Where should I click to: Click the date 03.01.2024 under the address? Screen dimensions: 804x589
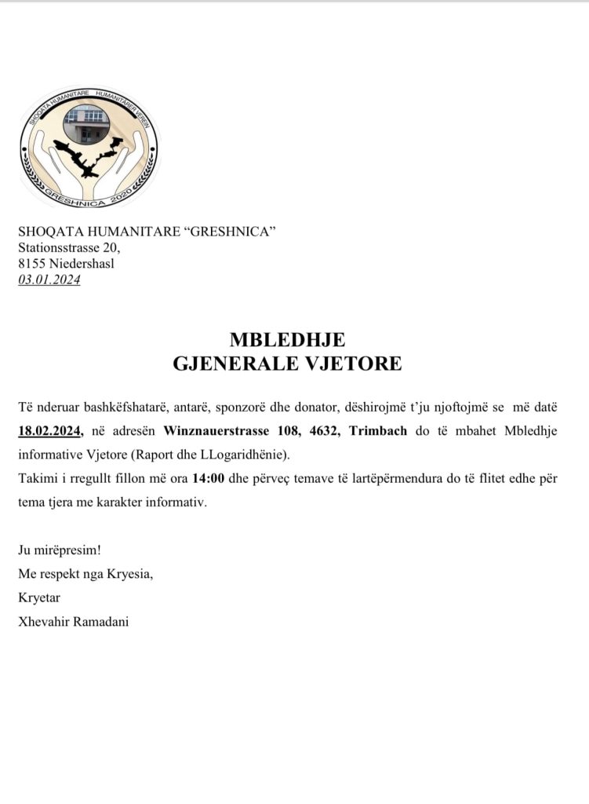49,279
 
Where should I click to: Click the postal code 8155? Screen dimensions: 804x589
32,263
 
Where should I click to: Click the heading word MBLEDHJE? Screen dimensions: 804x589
287,340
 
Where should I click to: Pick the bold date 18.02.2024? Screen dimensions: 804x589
51,430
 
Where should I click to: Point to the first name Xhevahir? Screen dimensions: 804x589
45,621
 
